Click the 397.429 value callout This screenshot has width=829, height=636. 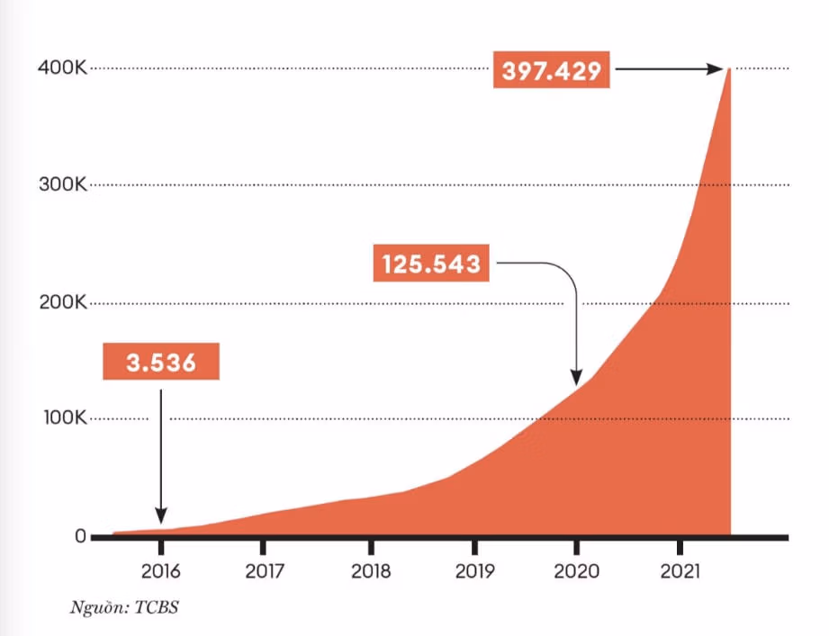pyautogui.click(x=552, y=70)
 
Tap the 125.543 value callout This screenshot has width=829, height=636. pyautogui.click(x=431, y=264)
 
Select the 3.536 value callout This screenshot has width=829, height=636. pyautogui.click(x=161, y=363)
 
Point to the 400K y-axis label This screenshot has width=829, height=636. pyautogui.click(x=62, y=68)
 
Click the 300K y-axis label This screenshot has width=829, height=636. pyautogui.click(x=62, y=185)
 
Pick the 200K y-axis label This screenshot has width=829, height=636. pyautogui.click(x=62, y=303)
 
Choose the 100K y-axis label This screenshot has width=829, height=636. pyautogui.click(x=62, y=419)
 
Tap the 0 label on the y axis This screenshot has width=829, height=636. pyautogui.click(x=80, y=537)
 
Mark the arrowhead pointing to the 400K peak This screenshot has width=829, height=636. pyautogui.click(x=717, y=68)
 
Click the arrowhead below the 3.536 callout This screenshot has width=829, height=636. pyautogui.click(x=161, y=516)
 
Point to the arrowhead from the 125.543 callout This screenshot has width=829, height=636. pyautogui.click(x=577, y=378)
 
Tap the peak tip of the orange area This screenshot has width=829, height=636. pyautogui.click(x=729, y=69)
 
